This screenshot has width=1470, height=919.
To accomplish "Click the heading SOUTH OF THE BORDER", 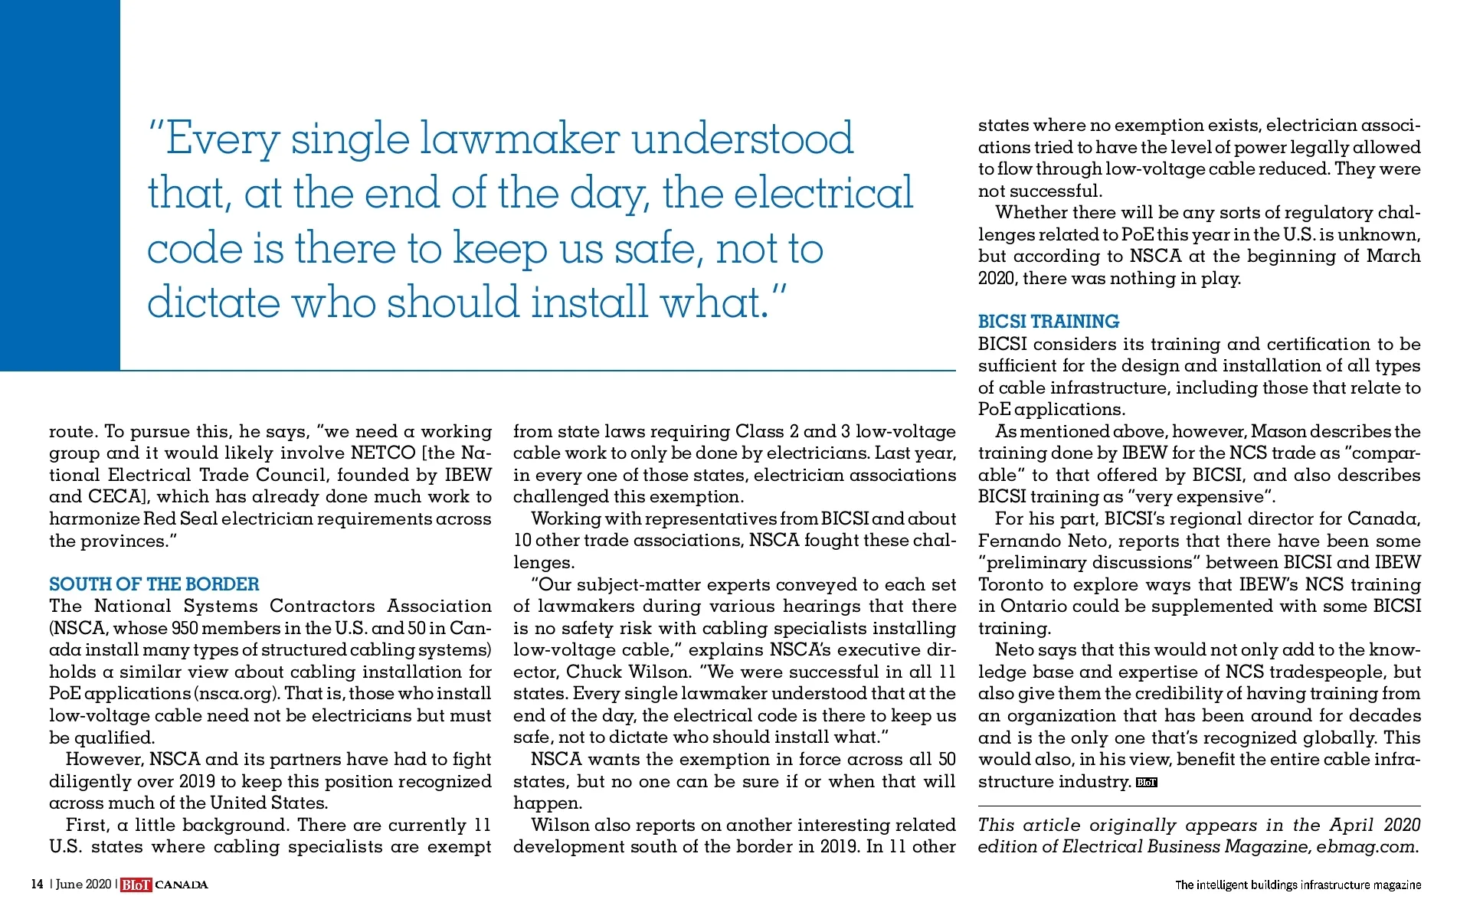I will (154, 584).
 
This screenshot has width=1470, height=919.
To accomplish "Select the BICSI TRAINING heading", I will (1048, 322).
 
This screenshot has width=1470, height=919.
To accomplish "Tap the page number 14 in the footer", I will (37, 885).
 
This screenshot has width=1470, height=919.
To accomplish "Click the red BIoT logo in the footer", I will (136, 885).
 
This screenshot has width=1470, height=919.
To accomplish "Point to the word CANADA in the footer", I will (182, 885).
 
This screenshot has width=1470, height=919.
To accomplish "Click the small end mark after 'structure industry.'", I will (1146, 783).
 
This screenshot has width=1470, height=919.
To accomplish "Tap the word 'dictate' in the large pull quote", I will (213, 303).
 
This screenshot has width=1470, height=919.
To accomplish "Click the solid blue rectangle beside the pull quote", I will (60, 184).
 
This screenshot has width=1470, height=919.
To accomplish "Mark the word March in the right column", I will (1393, 257).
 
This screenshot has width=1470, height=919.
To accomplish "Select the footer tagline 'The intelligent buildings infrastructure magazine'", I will (1298, 885).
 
